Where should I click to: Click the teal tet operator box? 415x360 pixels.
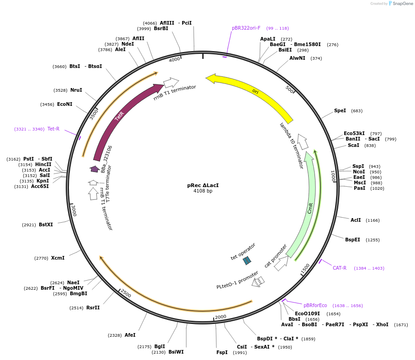[247, 261]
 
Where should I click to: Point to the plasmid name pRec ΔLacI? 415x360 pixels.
[203, 185]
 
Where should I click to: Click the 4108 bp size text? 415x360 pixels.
[203, 191]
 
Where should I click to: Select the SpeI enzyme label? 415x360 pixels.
[340, 111]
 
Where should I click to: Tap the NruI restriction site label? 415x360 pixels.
[76, 90]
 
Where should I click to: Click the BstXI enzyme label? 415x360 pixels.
[46, 225]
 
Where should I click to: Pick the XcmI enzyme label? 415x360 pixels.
[58, 258]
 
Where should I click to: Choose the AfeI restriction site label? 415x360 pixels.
[130, 335]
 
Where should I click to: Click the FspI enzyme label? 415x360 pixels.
[222, 353]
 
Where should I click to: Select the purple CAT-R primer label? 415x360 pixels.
[339, 268]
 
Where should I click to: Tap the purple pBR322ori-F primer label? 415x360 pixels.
[246, 28]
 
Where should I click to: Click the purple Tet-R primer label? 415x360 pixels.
[53, 129]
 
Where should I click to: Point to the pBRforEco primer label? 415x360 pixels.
[315, 306]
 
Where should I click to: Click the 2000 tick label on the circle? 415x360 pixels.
[221, 317]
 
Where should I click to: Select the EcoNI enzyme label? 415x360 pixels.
[64, 104]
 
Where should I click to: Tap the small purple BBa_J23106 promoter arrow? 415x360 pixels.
[95, 169]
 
